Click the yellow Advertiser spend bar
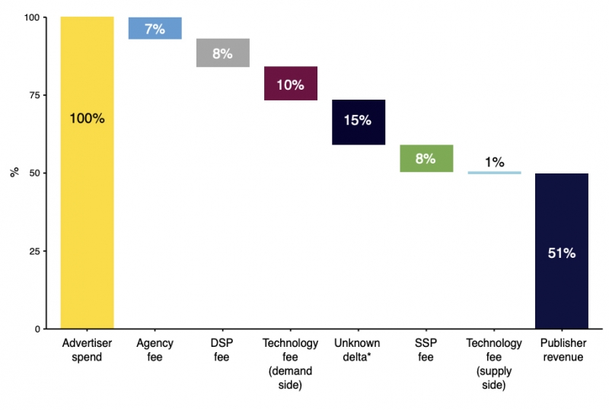click(87, 173)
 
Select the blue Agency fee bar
click(155, 28)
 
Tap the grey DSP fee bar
click(223, 52)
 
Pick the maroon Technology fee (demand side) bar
click(291, 84)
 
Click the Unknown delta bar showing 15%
click(359, 122)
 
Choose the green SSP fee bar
click(426, 158)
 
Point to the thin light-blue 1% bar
click(494, 173)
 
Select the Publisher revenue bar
click(562, 251)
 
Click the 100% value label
click(87, 119)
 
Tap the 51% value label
click(562, 253)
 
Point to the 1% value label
click(494, 162)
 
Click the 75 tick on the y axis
click(34, 95)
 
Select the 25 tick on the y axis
click(34, 251)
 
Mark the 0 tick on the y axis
click(37, 329)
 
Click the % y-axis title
click(14, 172)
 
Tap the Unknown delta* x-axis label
click(357, 350)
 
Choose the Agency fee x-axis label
click(155, 350)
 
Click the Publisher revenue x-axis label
click(563, 350)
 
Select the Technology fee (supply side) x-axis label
click(494, 364)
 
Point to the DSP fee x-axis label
click(222, 350)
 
